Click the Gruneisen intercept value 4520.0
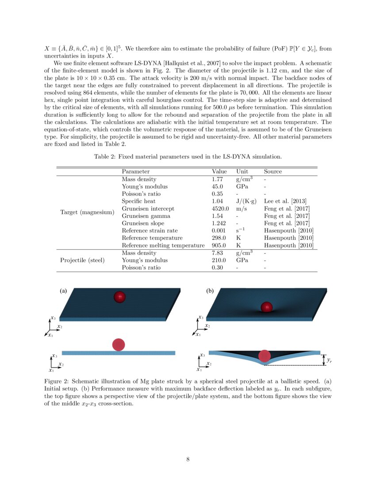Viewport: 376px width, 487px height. pos(220,209)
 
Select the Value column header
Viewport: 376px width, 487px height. pos(219,171)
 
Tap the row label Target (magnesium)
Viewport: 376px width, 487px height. pos(87,212)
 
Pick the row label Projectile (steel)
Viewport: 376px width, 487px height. pos(82,260)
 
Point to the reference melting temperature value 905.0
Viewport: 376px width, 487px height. pos(219,245)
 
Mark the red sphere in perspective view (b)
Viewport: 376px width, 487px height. pos(266,307)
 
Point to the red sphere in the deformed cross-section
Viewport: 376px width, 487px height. pos(265,356)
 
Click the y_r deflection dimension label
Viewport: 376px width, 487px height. pos(329,361)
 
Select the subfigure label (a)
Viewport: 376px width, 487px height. pos(63,291)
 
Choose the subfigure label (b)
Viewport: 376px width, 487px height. pos(210,291)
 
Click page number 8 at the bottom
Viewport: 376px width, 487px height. pos(188,459)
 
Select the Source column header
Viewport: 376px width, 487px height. pos(272,171)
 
